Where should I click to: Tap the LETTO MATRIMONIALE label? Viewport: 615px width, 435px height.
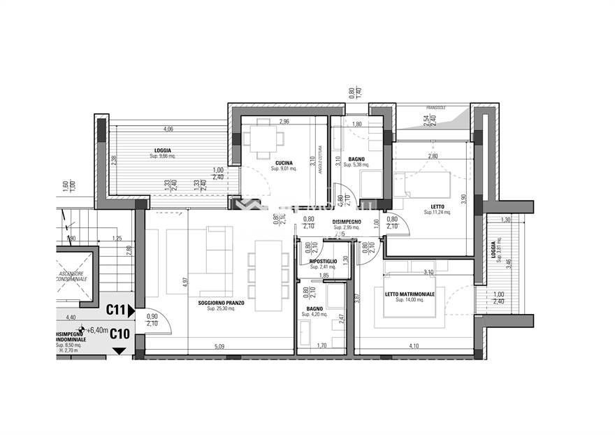(x=410, y=294)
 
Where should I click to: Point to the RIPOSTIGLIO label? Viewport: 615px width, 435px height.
(x=323, y=261)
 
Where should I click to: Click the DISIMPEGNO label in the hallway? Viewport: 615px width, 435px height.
(x=347, y=221)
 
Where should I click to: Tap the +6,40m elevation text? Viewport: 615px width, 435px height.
(x=96, y=329)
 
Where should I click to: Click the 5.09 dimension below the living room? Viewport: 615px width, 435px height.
(x=219, y=345)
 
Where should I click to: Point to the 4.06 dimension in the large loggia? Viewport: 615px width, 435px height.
(x=168, y=129)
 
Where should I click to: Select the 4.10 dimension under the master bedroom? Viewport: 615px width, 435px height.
(x=414, y=345)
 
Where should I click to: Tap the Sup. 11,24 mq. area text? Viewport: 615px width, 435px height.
(x=437, y=213)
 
